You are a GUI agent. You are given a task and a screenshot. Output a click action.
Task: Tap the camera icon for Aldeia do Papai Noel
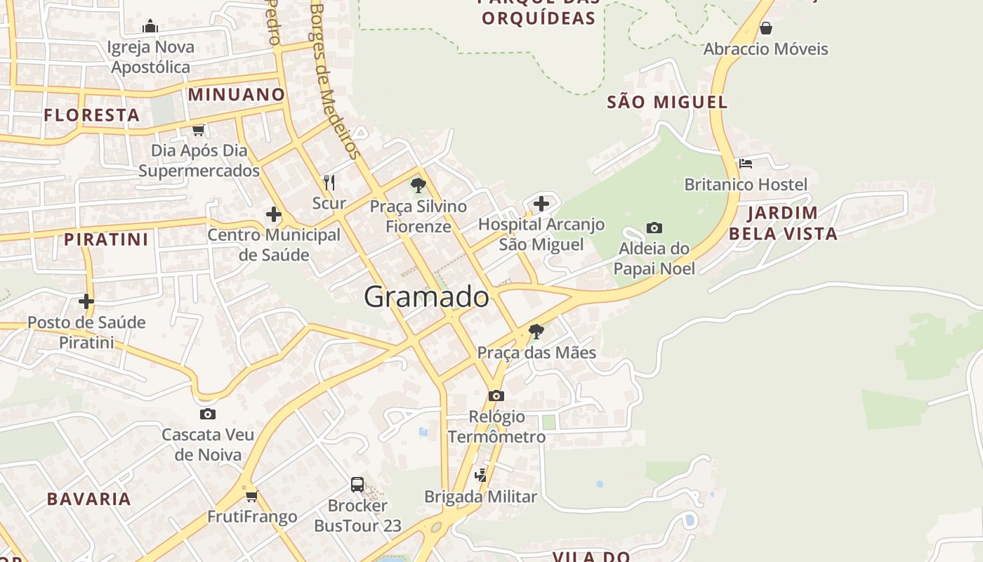(x=654, y=228)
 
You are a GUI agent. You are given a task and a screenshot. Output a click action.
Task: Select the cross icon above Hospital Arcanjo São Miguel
(x=541, y=204)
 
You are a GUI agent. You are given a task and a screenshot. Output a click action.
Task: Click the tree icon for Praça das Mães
(x=536, y=331)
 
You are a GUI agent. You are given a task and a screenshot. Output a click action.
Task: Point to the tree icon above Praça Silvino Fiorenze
(x=418, y=185)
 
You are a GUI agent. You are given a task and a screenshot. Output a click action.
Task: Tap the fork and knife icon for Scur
(x=329, y=183)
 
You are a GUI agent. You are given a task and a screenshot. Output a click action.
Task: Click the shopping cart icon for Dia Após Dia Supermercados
(x=199, y=130)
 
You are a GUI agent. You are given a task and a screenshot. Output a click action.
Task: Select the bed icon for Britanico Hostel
(x=746, y=164)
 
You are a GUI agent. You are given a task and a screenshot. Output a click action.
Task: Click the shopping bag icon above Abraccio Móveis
(x=766, y=28)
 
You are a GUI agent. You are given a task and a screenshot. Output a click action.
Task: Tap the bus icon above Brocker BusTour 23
(x=357, y=484)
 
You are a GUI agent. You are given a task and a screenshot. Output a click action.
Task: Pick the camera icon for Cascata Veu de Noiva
(x=207, y=414)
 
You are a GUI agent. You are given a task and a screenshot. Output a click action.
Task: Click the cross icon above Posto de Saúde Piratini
(x=86, y=301)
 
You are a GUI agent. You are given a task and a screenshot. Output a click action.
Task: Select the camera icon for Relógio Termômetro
(x=496, y=396)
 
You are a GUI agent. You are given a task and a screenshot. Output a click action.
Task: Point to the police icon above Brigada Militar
(x=480, y=476)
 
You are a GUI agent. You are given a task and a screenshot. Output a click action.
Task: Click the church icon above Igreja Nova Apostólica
(x=150, y=27)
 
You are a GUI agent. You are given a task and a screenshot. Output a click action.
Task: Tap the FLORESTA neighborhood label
(x=92, y=115)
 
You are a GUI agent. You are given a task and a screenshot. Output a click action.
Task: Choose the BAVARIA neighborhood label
(x=89, y=499)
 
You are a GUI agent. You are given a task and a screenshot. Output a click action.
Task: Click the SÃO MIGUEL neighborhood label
(x=667, y=102)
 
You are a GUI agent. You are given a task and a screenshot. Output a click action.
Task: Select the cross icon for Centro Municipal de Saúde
(x=274, y=214)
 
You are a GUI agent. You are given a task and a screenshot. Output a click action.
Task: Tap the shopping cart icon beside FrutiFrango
(x=252, y=496)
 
